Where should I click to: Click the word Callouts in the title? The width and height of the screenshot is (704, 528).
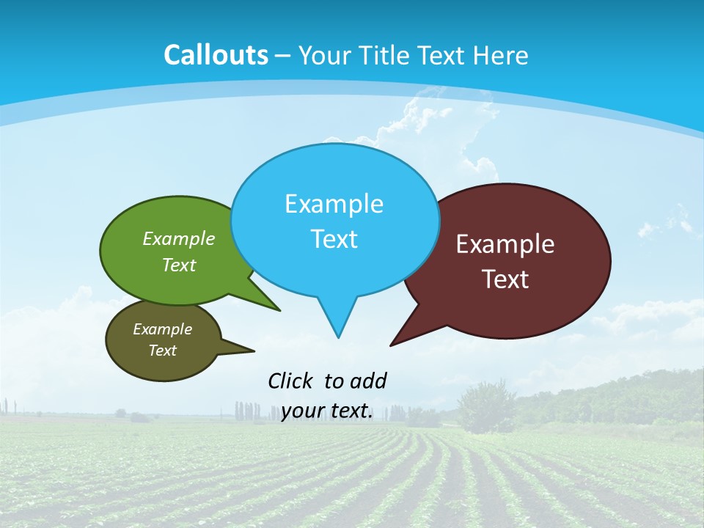[216, 55]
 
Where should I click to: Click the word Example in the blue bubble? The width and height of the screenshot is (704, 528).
[334, 204]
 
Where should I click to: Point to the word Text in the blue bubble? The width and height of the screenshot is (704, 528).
[334, 239]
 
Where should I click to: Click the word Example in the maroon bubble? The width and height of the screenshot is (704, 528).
[505, 244]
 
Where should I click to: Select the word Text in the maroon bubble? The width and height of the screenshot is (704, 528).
[505, 279]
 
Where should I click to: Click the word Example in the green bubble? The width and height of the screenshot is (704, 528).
[179, 238]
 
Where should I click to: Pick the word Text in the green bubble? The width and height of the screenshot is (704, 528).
[179, 265]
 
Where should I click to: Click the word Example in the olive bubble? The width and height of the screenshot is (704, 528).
[162, 329]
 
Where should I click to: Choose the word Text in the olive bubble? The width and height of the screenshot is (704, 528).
[162, 351]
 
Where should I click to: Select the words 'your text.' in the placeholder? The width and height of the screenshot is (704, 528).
[326, 411]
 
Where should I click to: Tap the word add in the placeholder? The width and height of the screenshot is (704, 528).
[368, 381]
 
